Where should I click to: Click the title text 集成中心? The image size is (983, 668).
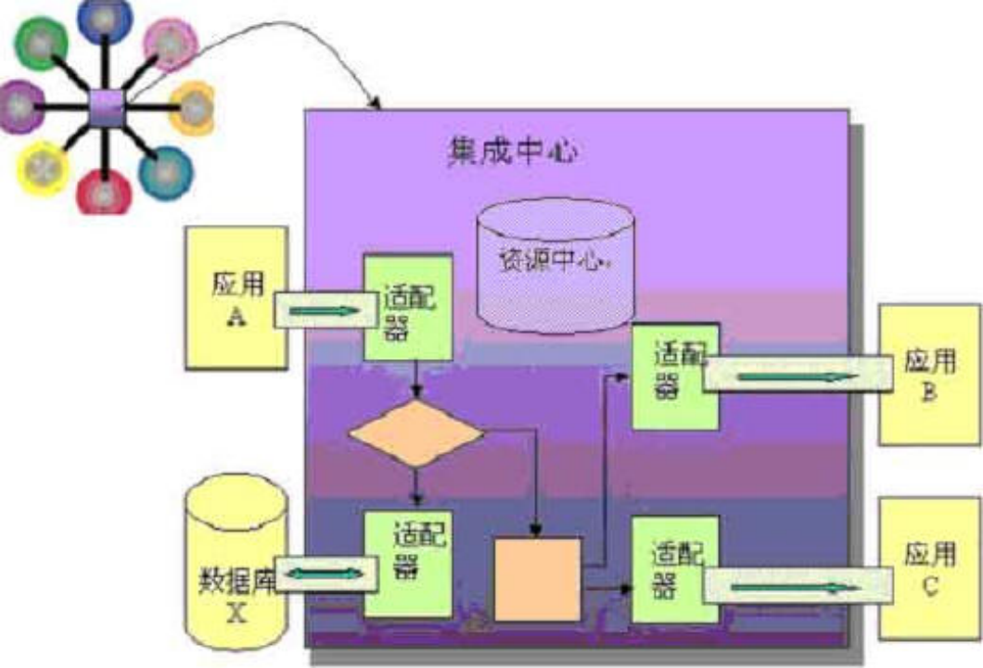pos(509,148)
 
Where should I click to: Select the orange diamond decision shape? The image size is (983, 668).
pos(416,433)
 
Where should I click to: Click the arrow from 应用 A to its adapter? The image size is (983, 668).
pos(323,313)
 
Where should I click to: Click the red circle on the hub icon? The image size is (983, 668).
pos(104,191)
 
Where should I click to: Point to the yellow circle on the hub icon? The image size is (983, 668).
pos(43,168)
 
